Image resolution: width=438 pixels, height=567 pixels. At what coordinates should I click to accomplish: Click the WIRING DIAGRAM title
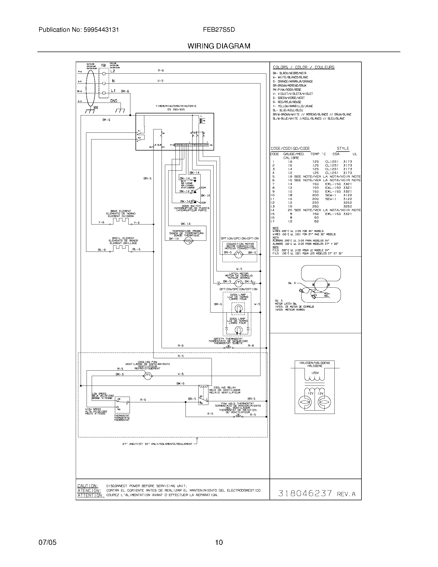tap(219, 46)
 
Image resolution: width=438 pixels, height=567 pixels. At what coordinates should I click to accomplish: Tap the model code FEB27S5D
tap(219, 30)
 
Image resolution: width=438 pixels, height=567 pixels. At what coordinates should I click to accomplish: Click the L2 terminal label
tap(113, 71)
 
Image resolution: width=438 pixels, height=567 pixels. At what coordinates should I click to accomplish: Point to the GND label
tap(114, 101)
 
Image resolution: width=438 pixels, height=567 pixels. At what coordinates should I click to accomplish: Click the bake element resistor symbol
tap(121, 221)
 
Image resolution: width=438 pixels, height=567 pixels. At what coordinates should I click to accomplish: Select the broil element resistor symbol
tap(121, 248)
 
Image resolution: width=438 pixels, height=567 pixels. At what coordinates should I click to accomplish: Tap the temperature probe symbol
tap(189, 241)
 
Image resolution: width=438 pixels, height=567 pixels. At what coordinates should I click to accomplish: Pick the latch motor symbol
tap(238, 283)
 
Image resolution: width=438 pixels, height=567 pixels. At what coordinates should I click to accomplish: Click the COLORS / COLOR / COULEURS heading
tap(304, 67)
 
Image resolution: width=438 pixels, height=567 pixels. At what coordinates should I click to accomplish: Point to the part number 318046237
tap(305, 493)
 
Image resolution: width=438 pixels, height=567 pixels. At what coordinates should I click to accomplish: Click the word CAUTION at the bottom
tap(88, 486)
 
